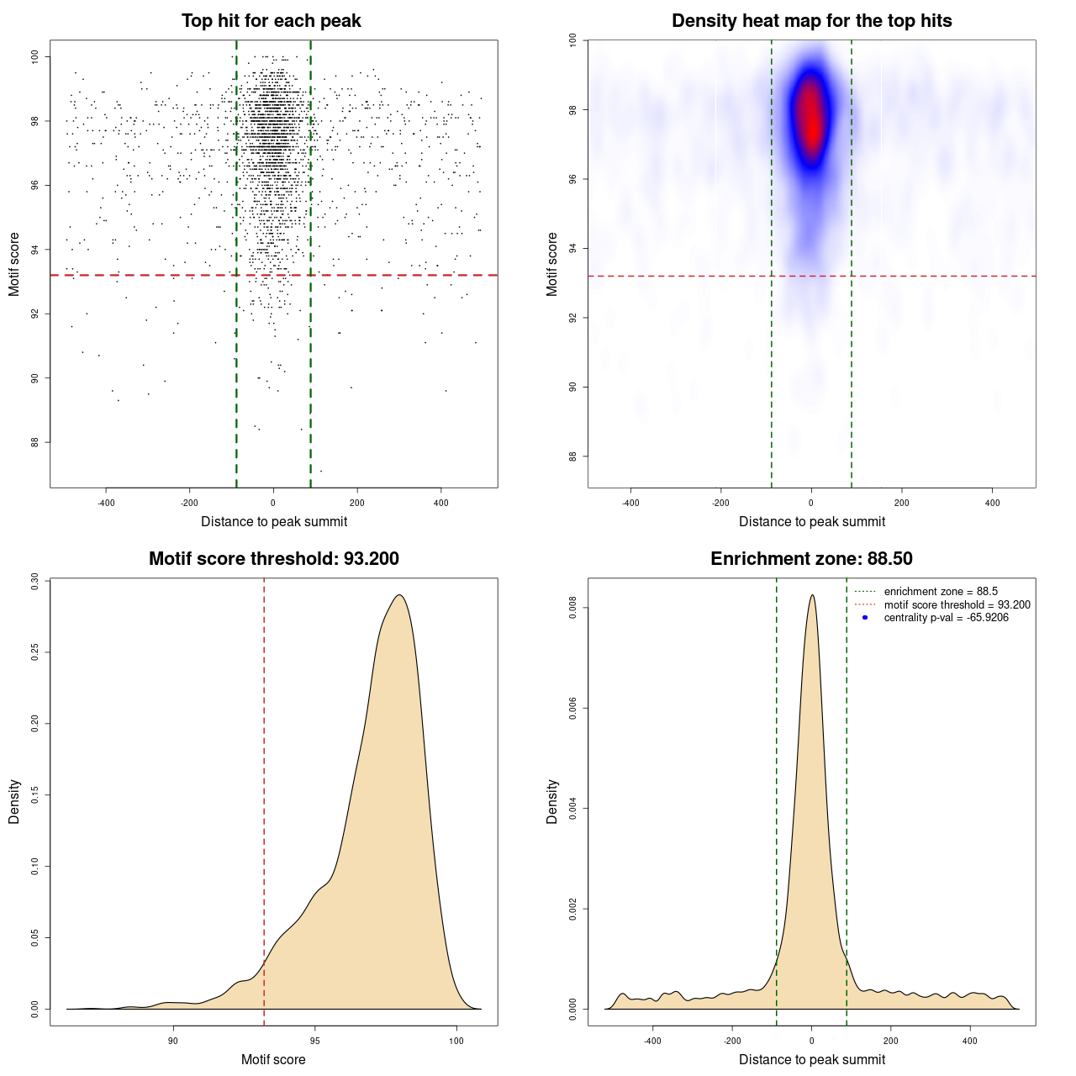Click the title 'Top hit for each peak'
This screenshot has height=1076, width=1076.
(x=272, y=21)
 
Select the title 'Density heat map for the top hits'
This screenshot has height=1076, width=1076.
(x=812, y=21)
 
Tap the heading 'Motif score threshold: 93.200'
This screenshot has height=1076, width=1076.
(x=274, y=559)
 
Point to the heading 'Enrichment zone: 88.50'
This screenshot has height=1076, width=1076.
(x=812, y=559)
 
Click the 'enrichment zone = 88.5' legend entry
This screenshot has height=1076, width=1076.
(x=941, y=592)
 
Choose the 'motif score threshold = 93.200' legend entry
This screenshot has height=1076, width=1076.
(x=957, y=605)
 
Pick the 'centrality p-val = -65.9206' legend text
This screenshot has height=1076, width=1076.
(x=946, y=618)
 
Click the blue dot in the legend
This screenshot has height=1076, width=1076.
(x=865, y=618)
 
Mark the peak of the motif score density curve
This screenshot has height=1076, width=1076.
(x=400, y=595)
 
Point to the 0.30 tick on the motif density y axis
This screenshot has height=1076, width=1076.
(x=34, y=582)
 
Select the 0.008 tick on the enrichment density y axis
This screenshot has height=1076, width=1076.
(x=572, y=608)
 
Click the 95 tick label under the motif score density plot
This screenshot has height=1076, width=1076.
(x=315, y=1041)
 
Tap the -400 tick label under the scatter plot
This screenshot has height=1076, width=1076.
(x=106, y=503)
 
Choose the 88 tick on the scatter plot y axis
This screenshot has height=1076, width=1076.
(x=34, y=442)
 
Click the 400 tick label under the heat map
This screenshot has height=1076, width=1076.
(x=993, y=503)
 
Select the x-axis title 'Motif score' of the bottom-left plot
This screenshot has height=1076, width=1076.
(x=273, y=1059)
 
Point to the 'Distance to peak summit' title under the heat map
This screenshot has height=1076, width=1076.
(x=812, y=521)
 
